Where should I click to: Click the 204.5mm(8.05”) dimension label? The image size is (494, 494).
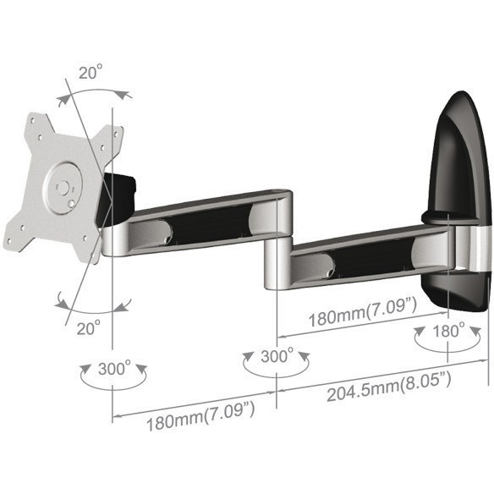[x=389, y=387]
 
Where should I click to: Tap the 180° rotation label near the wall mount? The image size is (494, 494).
[x=448, y=331]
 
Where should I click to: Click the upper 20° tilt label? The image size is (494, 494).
[x=91, y=73]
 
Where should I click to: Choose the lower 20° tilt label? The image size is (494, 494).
[x=89, y=328]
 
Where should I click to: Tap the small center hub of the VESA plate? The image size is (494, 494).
[x=63, y=188]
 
